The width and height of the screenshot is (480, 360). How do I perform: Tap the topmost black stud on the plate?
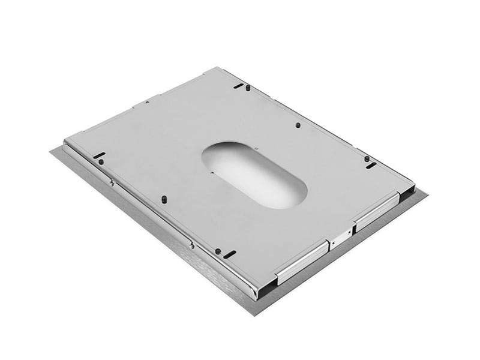click(x=247, y=89)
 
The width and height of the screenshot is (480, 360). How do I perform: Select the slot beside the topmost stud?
click(x=238, y=86)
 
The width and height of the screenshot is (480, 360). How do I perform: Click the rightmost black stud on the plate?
click(x=367, y=159)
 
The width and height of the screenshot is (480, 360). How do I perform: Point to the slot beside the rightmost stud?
click(x=371, y=166)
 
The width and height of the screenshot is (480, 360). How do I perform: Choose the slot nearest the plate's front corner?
click(x=229, y=254)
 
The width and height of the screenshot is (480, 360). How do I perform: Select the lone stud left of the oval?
click(x=163, y=198)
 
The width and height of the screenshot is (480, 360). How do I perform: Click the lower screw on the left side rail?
click(x=191, y=243)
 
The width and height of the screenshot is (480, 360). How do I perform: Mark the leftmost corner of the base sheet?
click(x=52, y=151)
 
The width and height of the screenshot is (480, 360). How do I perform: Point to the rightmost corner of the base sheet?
click(x=427, y=193)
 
